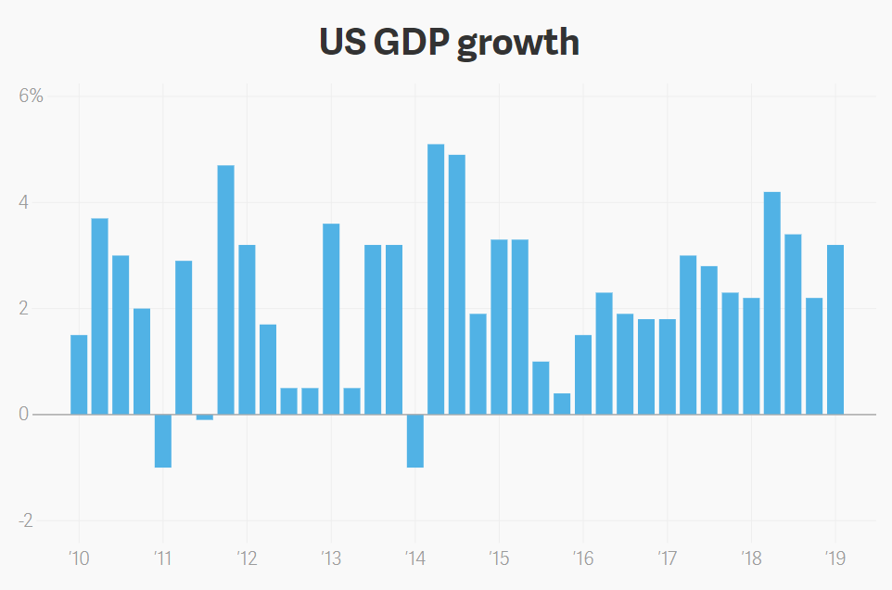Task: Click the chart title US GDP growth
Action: (449, 43)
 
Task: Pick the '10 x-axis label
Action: (78, 559)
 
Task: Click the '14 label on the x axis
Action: (414, 559)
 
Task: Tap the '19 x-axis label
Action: (835, 559)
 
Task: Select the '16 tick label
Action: (582, 559)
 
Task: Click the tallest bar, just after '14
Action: (436, 278)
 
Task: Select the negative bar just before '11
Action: (162, 441)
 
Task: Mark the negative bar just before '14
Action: (415, 441)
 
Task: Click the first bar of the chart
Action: (79, 375)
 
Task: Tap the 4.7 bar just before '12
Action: (225, 289)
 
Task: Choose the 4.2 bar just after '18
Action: (772, 302)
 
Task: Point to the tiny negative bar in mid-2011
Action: (205, 417)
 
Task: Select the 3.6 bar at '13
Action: (331, 318)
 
